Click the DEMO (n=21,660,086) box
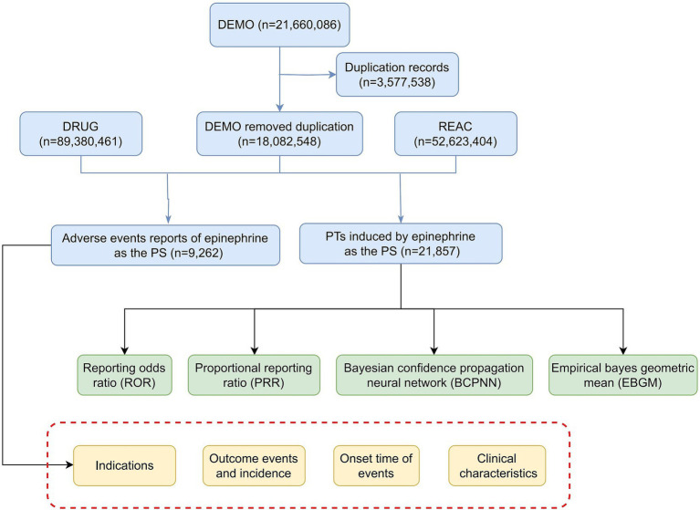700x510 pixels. pyautogui.click(x=279, y=25)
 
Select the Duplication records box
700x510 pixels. pyautogui.click(x=397, y=75)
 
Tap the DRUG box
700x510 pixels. pyautogui.click(x=81, y=134)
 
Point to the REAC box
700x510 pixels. pyautogui.click(x=455, y=134)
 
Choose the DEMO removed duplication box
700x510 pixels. pyautogui.click(x=279, y=134)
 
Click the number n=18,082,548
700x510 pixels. pyautogui.click(x=279, y=142)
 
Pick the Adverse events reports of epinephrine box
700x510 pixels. pyautogui.click(x=165, y=245)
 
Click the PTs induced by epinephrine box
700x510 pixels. pyautogui.click(x=401, y=244)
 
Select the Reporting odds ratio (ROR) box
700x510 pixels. pyautogui.click(x=124, y=375)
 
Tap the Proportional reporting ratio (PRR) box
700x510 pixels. pyautogui.click(x=254, y=375)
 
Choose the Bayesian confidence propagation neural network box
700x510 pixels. pyautogui.click(x=434, y=375)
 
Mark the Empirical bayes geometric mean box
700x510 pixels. pyautogui.click(x=623, y=375)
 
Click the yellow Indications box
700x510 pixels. pyautogui.click(x=124, y=465)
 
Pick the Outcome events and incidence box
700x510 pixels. pyautogui.click(x=254, y=465)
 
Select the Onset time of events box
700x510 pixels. pyautogui.click(x=376, y=465)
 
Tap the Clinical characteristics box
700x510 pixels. pyautogui.click(x=497, y=465)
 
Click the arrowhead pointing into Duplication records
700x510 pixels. pyautogui.click(x=332, y=75)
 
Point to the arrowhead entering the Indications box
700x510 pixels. pyautogui.click(x=69, y=465)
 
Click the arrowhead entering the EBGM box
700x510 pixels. pyautogui.click(x=623, y=351)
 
